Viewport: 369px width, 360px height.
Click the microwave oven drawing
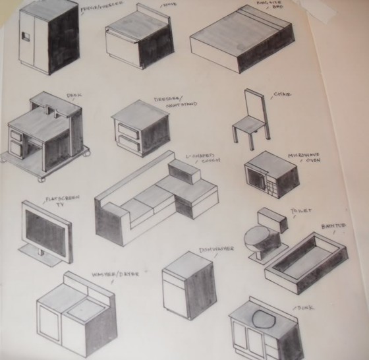(268, 174)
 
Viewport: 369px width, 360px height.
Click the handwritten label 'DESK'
(74, 96)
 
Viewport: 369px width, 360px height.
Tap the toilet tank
(270, 219)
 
